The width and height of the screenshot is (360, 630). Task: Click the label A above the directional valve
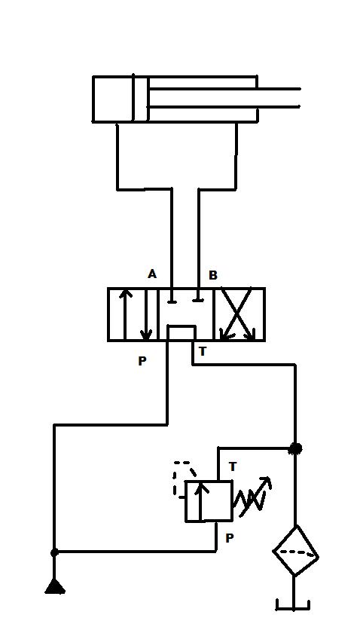tap(151, 274)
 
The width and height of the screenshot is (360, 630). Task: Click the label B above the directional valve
tap(212, 275)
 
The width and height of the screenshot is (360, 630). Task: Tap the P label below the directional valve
tap(142, 361)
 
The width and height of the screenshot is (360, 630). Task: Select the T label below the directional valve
tap(203, 351)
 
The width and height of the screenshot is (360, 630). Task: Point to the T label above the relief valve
tap(233, 467)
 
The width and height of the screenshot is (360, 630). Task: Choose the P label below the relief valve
tap(230, 538)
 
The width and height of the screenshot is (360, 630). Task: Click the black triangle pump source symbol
tap(55, 586)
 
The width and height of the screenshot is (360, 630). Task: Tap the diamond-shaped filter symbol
tap(295, 552)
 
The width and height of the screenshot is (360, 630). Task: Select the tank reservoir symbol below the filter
tap(294, 605)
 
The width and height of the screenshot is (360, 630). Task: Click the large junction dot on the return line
tap(296, 448)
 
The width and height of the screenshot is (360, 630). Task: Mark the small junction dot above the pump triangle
tap(54, 553)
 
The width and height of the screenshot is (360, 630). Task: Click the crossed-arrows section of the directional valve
tap(240, 314)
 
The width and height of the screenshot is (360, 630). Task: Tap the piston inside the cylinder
tap(141, 99)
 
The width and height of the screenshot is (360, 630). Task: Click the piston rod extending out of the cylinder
tap(224, 98)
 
